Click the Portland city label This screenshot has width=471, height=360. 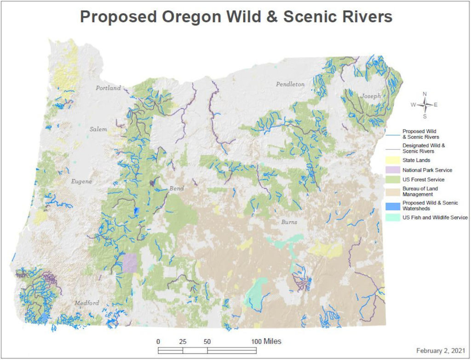[108, 88]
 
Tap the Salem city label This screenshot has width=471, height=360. [98, 129]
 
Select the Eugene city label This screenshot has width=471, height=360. [81, 182]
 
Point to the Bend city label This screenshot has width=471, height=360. [177, 189]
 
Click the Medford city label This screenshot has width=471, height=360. [86, 303]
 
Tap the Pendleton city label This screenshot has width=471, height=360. [290, 84]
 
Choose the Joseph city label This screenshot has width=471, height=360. [371, 96]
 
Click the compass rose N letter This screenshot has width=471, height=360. [425, 94]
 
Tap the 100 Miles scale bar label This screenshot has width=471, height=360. [266, 342]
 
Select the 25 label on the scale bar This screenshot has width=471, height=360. [183, 342]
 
